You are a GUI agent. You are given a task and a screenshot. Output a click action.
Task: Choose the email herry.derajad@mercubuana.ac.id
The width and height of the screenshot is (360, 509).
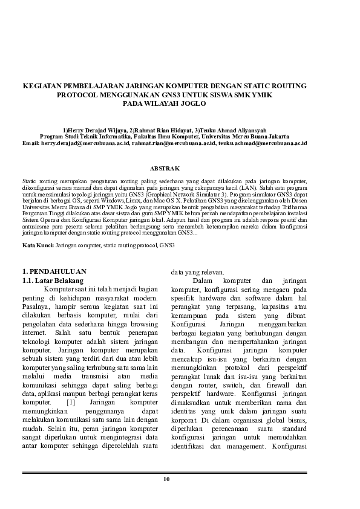85,144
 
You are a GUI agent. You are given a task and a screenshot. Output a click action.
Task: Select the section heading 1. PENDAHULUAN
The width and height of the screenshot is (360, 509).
54,271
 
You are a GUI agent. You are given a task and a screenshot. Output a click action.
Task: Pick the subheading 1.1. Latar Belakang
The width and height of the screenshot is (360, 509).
52,280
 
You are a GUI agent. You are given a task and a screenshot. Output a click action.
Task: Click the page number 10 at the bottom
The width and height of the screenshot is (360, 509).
166,479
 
